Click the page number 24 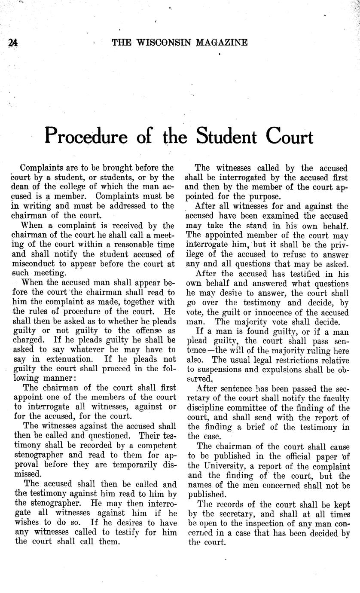(12, 43)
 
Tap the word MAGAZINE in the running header (222, 42)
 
